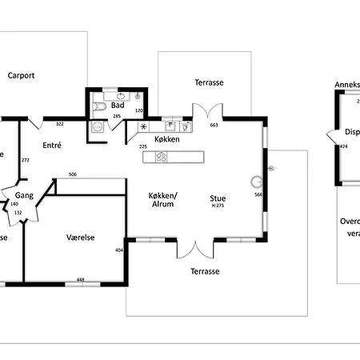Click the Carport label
(x=22, y=76)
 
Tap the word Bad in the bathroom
(x=118, y=105)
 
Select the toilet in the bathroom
(x=100, y=106)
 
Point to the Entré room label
(x=52, y=146)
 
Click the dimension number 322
(x=59, y=124)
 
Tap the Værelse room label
(x=81, y=237)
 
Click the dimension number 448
(x=80, y=279)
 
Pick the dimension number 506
(x=73, y=174)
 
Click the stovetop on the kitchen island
(x=160, y=157)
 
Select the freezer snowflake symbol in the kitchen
(x=144, y=126)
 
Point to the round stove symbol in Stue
(x=256, y=181)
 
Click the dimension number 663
(x=214, y=125)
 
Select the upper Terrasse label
(x=208, y=82)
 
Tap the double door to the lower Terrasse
(x=196, y=250)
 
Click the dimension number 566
(x=258, y=194)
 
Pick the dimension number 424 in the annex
(x=343, y=147)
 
